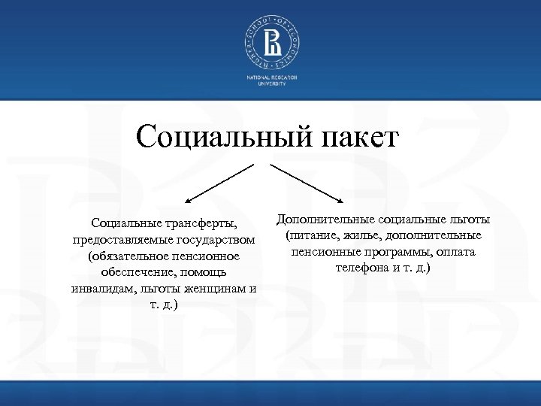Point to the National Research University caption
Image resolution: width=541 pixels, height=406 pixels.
point(270,81)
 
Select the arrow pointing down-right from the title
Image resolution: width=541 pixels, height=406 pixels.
point(307,183)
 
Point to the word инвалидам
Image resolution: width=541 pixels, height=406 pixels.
point(103,289)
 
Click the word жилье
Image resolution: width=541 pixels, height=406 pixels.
point(361,236)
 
